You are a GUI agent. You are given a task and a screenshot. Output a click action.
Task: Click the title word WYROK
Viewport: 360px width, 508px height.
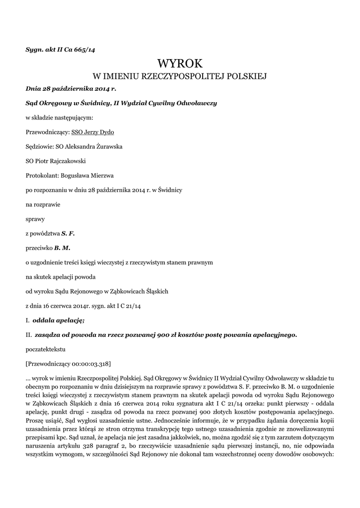(180, 63)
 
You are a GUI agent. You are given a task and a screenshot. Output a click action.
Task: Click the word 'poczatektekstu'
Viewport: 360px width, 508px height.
(45, 349)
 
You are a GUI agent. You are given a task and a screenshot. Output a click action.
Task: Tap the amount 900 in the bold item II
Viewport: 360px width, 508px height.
(164, 335)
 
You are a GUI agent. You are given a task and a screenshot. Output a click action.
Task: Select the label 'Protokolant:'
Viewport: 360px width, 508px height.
(42, 175)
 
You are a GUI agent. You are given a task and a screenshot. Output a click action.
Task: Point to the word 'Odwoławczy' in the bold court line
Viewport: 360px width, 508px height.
(197, 103)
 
